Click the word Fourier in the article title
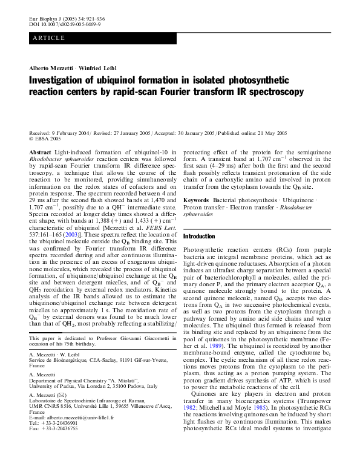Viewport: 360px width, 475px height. coord(199,91)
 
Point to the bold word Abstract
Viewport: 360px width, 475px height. coord(40,152)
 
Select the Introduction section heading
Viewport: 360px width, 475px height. coord(203,236)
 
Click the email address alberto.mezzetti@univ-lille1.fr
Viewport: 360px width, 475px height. coord(79,452)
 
